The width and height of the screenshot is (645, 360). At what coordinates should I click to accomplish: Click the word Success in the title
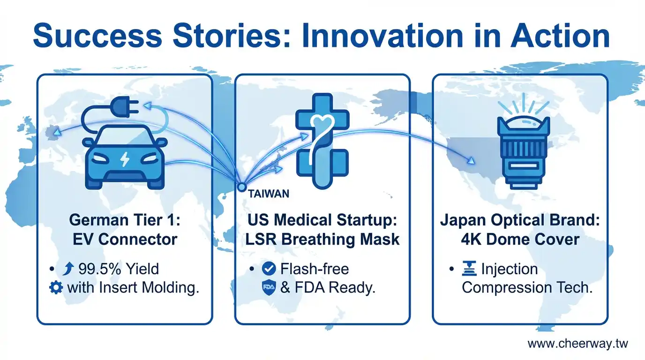(x=98, y=36)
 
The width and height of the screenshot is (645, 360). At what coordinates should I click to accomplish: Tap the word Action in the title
(x=560, y=36)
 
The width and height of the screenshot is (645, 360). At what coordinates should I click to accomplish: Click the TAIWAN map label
(x=269, y=194)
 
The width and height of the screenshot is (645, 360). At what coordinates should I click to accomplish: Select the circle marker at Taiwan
(x=242, y=187)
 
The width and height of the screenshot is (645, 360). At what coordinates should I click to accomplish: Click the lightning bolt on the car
(x=125, y=159)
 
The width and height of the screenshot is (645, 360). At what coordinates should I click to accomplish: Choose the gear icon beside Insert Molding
(x=56, y=288)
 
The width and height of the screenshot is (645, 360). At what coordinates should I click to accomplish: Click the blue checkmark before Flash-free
(x=269, y=269)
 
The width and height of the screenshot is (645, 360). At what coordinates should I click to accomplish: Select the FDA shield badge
(x=269, y=287)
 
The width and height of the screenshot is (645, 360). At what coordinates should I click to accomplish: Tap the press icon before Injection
(x=469, y=269)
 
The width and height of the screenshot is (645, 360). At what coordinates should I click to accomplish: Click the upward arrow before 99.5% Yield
(x=68, y=269)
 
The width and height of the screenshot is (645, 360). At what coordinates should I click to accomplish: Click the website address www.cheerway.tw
(x=577, y=344)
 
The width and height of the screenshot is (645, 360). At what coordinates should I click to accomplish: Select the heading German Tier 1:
(x=125, y=220)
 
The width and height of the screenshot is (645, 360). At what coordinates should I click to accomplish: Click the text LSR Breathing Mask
(x=322, y=240)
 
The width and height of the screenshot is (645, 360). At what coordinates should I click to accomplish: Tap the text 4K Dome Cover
(x=520, y=240)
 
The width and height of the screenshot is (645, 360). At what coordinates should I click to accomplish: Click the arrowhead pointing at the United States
(x=471, y=161)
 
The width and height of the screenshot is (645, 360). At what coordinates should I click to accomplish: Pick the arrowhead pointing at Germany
(x=58, y=132)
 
